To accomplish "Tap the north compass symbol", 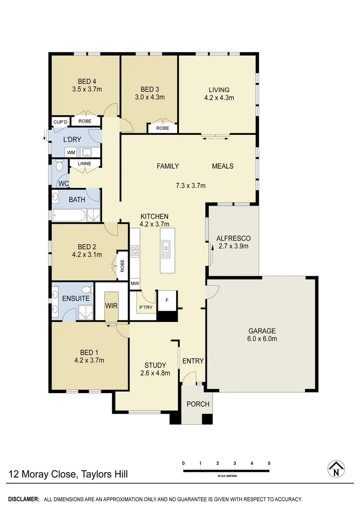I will click(336, 469).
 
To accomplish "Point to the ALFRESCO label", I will click(233, 238).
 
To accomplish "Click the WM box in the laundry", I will click(71, 153).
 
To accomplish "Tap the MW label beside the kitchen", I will click(135, 284).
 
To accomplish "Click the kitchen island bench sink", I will click(166, 249).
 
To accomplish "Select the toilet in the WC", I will click(59, 166).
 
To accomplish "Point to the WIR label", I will click(111, 305).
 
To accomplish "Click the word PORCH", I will click(198, 404).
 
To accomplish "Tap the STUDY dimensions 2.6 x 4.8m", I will click(155, 373).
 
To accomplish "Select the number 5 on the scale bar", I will click(269, 463).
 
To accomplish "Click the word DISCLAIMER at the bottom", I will click(23, 499).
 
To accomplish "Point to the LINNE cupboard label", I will click(84, 164).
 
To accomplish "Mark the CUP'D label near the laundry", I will click(60, 122).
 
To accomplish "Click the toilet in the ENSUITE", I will click(86, 289).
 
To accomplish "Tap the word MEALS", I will click(222, 166).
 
